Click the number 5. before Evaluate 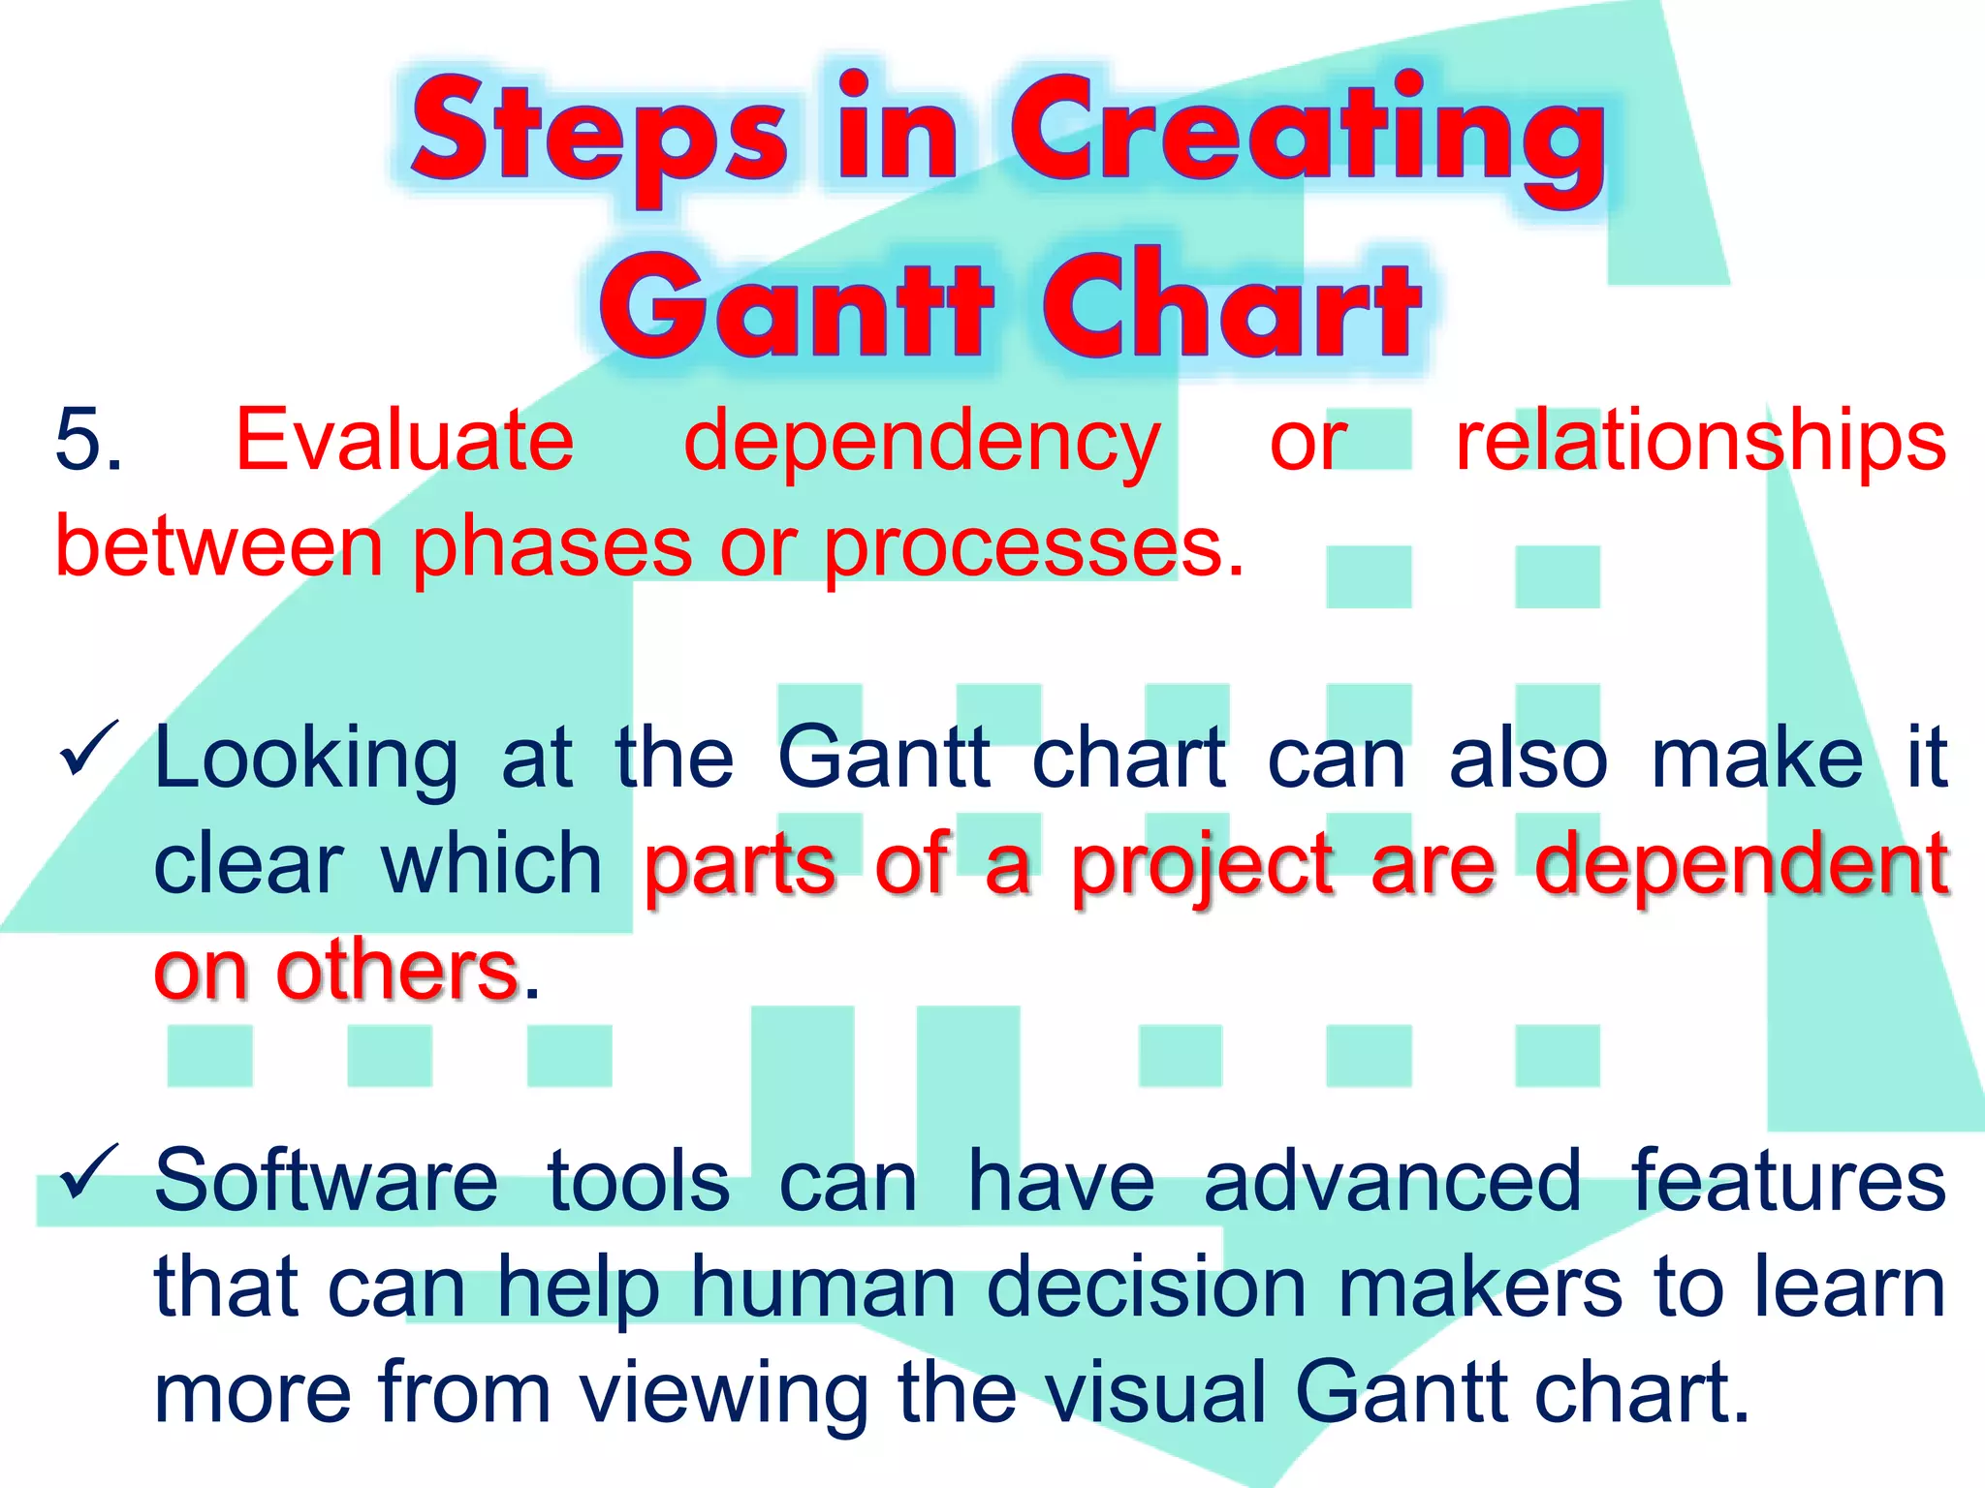89,441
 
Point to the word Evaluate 405,441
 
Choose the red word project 1202,867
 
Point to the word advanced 1393,1181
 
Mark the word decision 1148,1288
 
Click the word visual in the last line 1155,1393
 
